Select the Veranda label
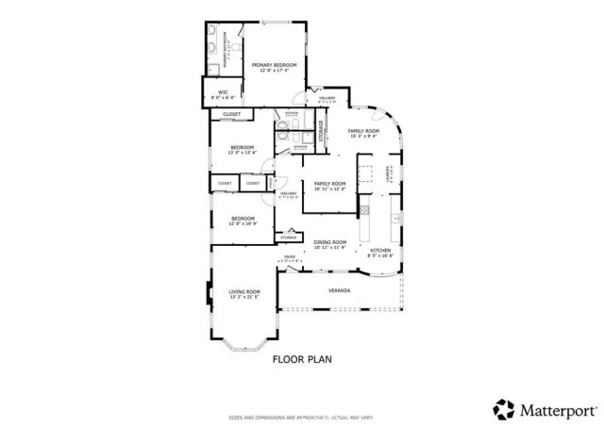(x=339, y=290)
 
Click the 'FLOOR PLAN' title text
(x=302, y=359)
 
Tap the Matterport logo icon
(x=504, y=409)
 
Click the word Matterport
(x=558, y=410)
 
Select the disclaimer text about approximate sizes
(x=302, y=416)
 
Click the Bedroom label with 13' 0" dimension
(x=243, y=149)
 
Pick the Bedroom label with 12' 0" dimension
(x=243, y=221)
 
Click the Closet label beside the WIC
(x=232, y=115)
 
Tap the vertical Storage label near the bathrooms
(x=321, y=131)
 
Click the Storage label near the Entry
(x=288, y=238)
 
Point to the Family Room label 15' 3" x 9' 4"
(x=362, y=132)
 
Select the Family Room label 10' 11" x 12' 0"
(x=330, y=185)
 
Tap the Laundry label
(x=387, y=174)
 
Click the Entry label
(x=290, y=257)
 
